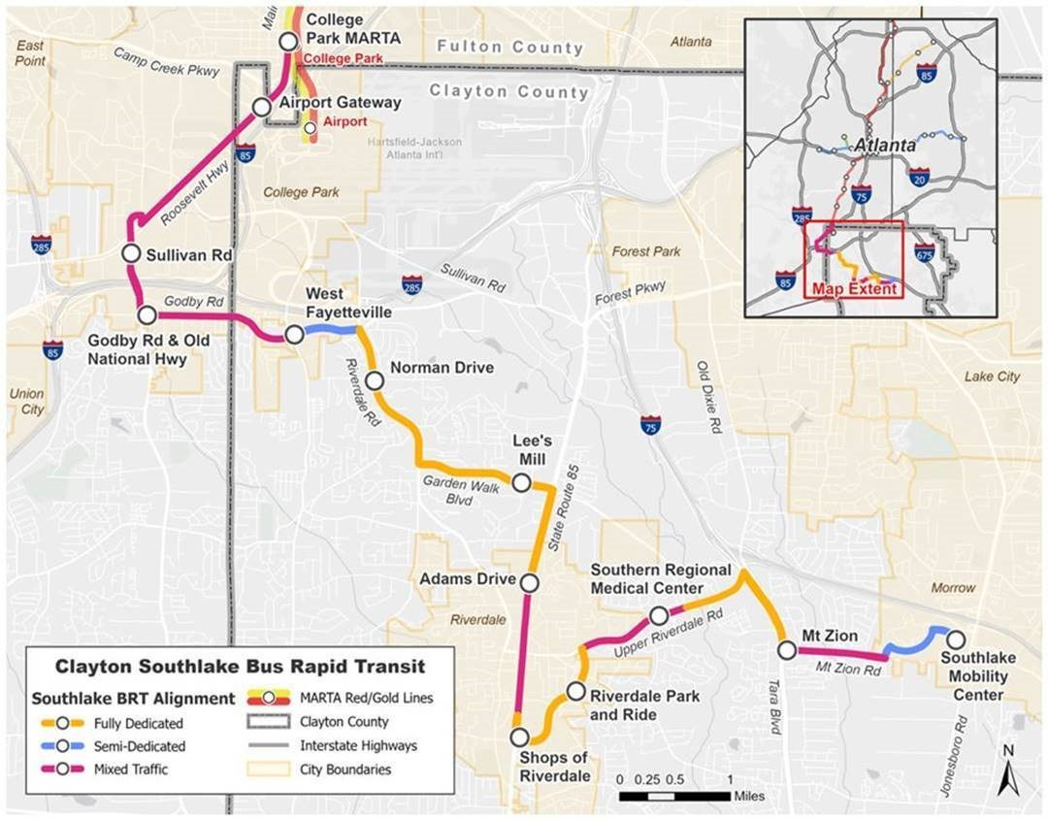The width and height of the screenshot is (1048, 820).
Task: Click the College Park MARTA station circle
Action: [287, 41]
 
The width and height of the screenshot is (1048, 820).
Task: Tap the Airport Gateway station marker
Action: [261, 107]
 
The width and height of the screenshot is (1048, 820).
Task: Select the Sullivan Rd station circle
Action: [131, 253]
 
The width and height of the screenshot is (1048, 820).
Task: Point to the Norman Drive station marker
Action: [375, 381]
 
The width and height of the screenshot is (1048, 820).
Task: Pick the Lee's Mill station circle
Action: [521, 482]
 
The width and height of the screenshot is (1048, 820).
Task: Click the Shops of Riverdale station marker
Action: [519, 737]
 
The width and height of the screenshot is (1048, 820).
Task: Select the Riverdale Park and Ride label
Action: [638, 705]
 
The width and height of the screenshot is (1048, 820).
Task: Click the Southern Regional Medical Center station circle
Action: [658, 615]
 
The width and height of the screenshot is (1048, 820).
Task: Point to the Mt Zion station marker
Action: [787, 649]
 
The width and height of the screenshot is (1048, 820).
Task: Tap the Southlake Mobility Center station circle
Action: [956, 640]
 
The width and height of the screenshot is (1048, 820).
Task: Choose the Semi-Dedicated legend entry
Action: [137, 746]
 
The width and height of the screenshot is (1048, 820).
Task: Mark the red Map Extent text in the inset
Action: [855, 289]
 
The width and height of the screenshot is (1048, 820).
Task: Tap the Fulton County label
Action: [510, 47]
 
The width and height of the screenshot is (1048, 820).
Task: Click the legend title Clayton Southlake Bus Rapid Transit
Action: [240, 668]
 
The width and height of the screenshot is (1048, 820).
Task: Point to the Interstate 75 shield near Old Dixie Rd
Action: [650, 425]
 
